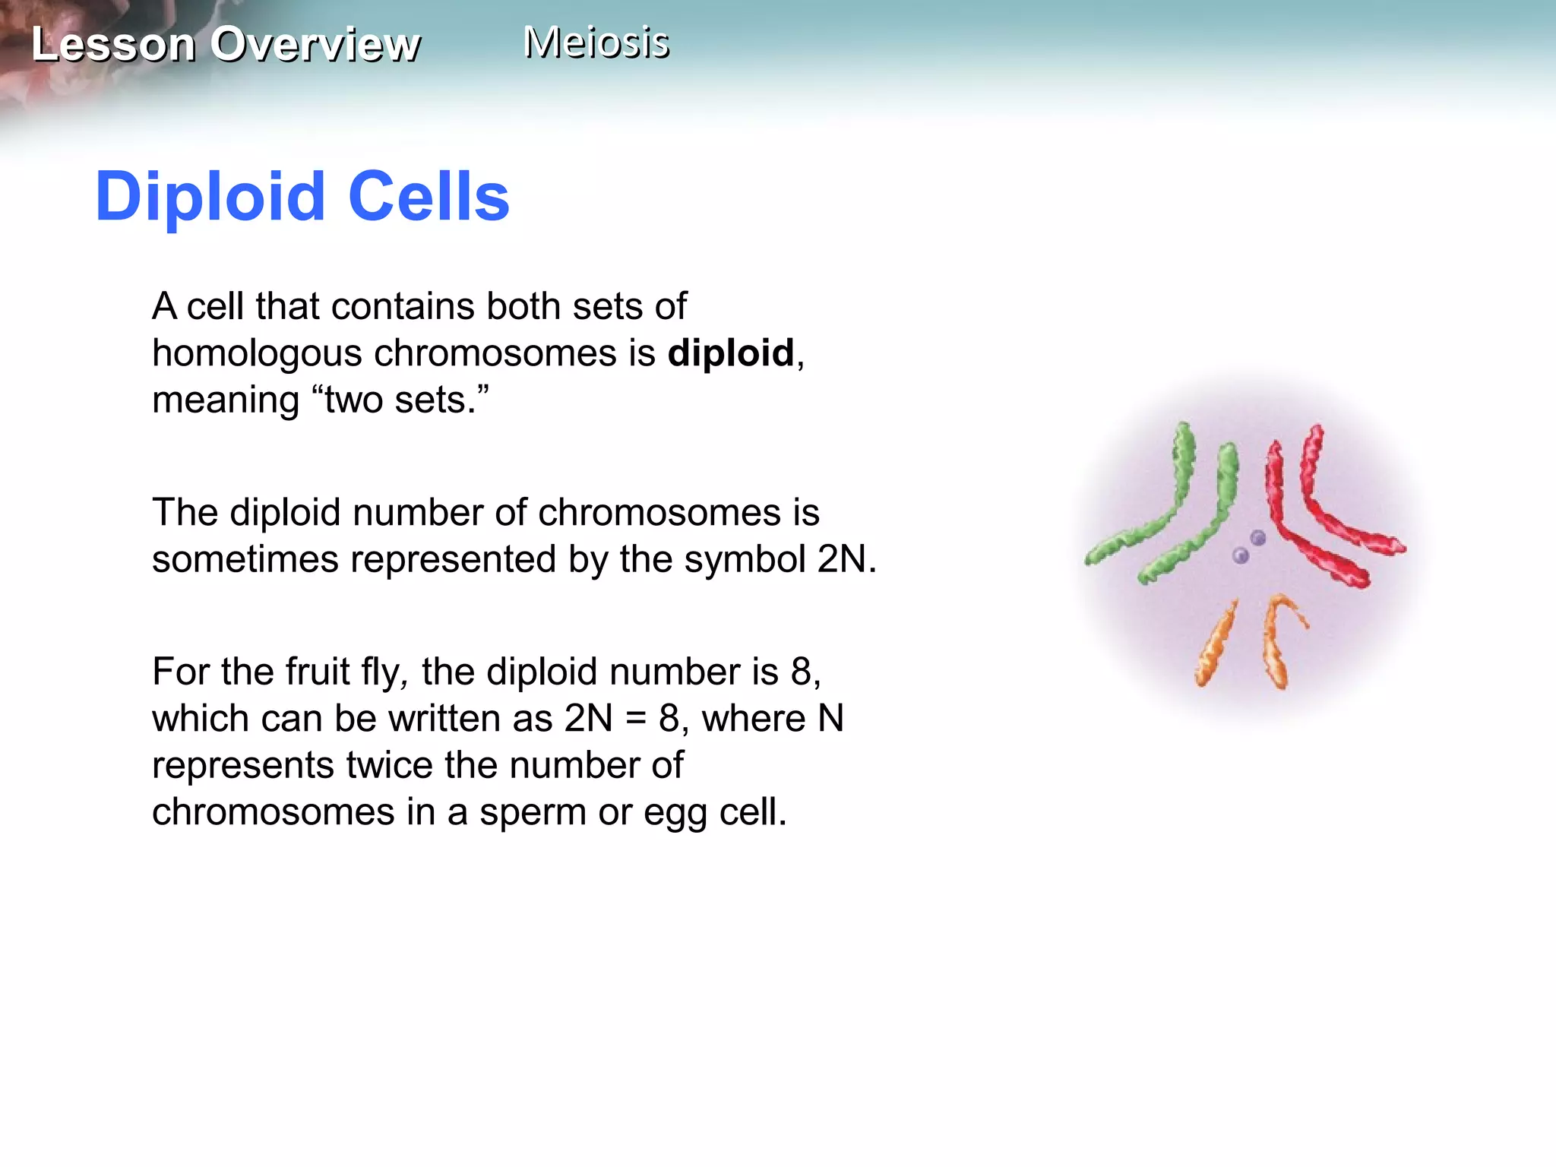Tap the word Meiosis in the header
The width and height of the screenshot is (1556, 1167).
coord(596,42)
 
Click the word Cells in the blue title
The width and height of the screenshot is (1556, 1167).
coord(429,197)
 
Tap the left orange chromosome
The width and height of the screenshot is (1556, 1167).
coord(1216,642)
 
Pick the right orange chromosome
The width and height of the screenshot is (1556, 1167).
coord(1276,642)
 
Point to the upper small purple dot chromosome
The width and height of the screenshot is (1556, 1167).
coord(1258,538)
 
